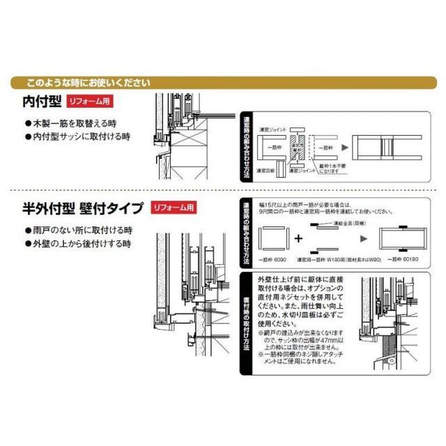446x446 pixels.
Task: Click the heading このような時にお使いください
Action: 88,82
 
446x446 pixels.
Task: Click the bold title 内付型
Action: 43,102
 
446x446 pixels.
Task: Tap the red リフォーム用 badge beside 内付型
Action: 89,102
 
